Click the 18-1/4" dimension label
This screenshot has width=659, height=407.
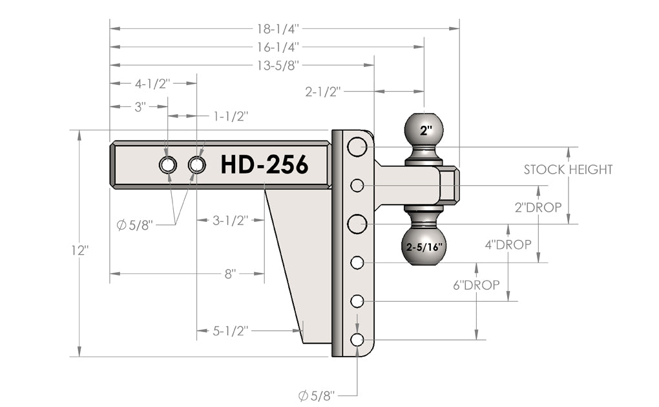278,28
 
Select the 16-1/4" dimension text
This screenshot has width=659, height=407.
278,47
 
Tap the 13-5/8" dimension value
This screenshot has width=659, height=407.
278,65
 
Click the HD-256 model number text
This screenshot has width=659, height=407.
264,165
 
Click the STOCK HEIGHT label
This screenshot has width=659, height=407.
567,170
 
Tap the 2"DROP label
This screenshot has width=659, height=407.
538,208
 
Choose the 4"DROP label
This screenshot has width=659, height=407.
508,245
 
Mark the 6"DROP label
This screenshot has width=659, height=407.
476,284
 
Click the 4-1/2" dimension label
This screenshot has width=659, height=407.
152,83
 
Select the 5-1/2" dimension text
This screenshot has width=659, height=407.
231,331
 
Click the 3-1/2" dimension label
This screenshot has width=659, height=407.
231,220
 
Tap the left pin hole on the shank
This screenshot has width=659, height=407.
168,165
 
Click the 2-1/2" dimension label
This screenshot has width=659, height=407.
322,92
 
